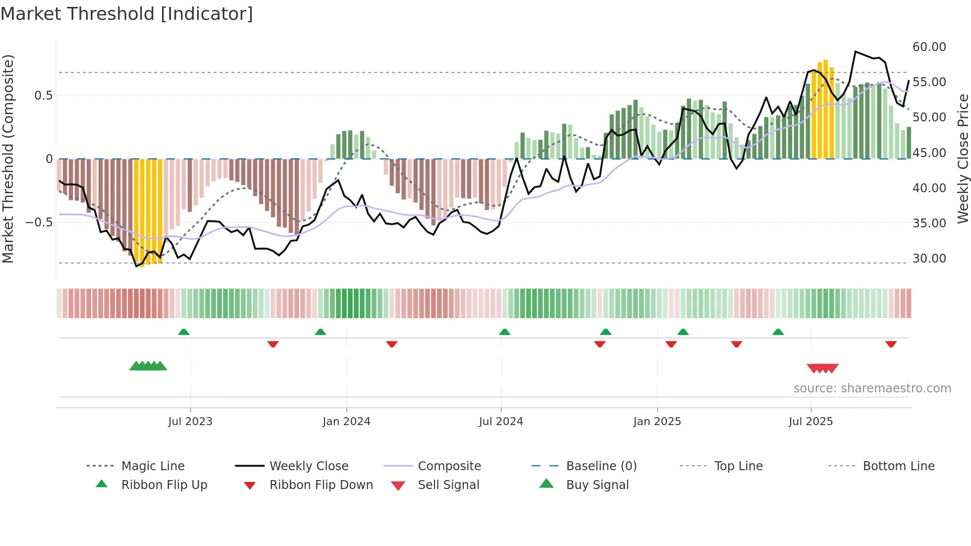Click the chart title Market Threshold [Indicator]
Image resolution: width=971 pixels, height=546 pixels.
(x=127, y=14)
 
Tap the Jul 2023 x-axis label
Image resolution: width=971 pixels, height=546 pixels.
(x=190, y=422)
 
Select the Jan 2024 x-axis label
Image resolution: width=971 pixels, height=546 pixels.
(x=346, y=422)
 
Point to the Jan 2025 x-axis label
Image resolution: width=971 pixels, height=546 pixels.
(x=657, y=422)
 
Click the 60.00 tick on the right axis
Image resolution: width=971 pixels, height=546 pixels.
(x=929, y=47)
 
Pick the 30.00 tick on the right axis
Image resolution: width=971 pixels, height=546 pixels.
(x=929, y=259)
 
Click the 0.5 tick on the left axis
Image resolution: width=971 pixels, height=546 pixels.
(x=43, y=96)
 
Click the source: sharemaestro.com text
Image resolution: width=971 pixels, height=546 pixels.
(x=872, y=388)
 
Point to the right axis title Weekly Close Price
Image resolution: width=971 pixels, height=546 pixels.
(x=963, y=159)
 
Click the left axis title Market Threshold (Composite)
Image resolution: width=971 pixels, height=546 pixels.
(x=8, y=159)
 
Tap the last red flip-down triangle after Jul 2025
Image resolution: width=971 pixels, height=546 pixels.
(x=891, y=344)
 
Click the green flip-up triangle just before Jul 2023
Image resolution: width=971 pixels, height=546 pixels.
(x=184, y=332)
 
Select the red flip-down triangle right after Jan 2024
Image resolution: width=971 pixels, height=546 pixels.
(x=392, y=344)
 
